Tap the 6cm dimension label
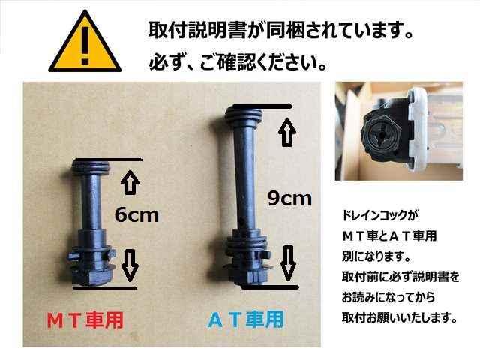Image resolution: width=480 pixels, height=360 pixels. point(136,214)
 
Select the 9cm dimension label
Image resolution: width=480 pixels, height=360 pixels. point(289,198)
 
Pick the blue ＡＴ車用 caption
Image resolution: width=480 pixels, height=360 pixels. point(246,319)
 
